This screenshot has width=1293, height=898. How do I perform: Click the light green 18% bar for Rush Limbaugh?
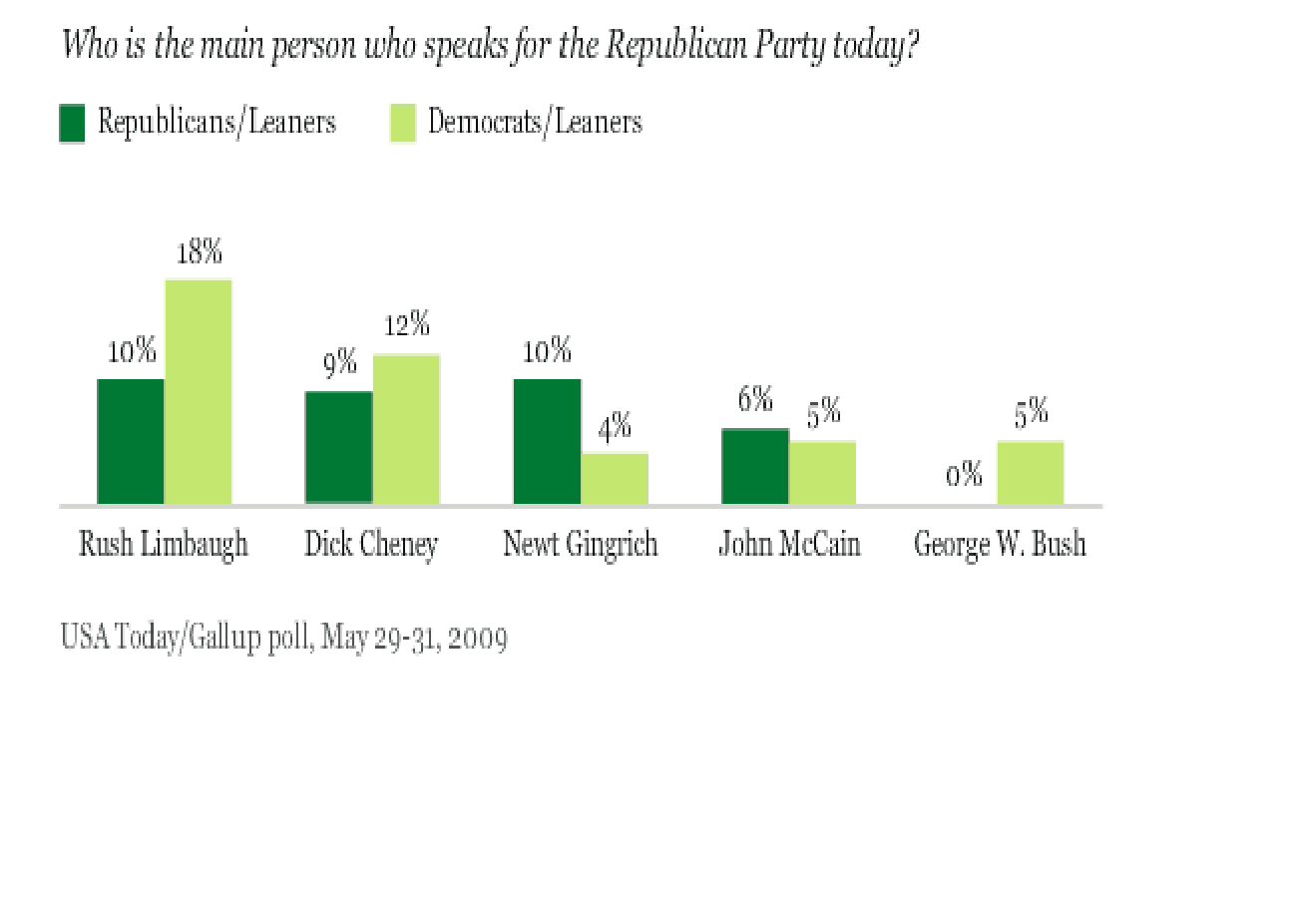[x=199, y=392]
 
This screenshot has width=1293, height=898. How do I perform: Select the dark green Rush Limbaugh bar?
[x=131, y=442]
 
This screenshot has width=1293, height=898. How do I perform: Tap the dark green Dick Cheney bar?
[x=339, y=448]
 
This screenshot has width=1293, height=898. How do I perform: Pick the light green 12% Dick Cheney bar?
[x=406, y=429]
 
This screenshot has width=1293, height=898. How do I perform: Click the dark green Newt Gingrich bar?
[x=547, y=442]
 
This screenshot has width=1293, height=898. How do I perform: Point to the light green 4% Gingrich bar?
[x=615, y=479]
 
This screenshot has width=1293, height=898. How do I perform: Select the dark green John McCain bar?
[x=755, y=466]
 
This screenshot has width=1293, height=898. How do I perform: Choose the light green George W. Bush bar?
[x=1031, y=473]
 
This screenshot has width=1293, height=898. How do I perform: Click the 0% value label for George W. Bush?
[x=965, y=475]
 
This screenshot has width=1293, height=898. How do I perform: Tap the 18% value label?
[x=199, y=252]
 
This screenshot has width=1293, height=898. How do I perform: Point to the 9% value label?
[x=340, y=363]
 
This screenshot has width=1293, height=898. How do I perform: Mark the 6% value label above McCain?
[x=755, y=400]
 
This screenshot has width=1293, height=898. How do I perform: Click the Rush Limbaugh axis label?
[x=164, y=546]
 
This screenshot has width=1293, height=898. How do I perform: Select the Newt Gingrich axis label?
[x=580, y=545]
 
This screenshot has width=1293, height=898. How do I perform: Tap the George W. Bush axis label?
[x=1000, y=546]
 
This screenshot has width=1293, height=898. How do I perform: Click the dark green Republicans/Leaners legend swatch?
[x=72, y=124]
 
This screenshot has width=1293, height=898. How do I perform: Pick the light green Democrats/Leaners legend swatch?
[x=402, y=124]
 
